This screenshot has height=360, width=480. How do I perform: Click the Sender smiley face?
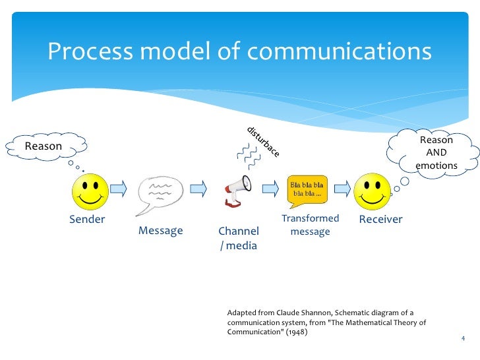tap(90, 191)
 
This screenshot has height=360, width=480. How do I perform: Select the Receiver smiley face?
tap(373, 191)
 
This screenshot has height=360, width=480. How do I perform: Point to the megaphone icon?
tap(238, 190)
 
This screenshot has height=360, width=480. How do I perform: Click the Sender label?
tap(87, 220)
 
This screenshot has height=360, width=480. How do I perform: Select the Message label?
tap(160, 231)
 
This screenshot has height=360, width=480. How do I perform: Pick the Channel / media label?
tap(238, 239)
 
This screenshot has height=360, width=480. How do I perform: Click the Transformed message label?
tap(310, 225)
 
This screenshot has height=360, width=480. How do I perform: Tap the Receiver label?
tap(380, 220)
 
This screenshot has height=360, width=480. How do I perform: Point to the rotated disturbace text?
tap(264, 141)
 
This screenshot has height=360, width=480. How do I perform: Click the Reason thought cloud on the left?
tap(44, 146)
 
